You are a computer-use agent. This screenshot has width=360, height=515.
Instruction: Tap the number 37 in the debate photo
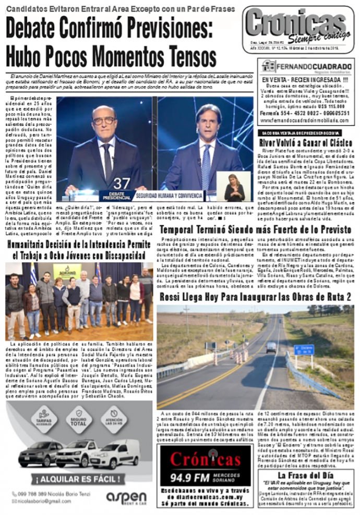tap(121, 183)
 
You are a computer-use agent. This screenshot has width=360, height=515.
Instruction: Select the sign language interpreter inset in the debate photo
tap(234, 187)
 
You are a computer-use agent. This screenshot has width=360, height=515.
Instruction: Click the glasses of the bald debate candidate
tap(105, 120)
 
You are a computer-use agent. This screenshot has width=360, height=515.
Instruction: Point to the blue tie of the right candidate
tap(207, 165)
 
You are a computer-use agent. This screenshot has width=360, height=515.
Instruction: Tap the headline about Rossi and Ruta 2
tap(255, 296)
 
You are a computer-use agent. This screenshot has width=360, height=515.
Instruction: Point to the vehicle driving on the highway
tap(271, 347)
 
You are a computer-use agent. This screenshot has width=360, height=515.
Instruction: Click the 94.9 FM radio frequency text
tap(199, 477)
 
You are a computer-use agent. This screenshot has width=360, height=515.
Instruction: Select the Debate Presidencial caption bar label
tap(114, 196)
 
